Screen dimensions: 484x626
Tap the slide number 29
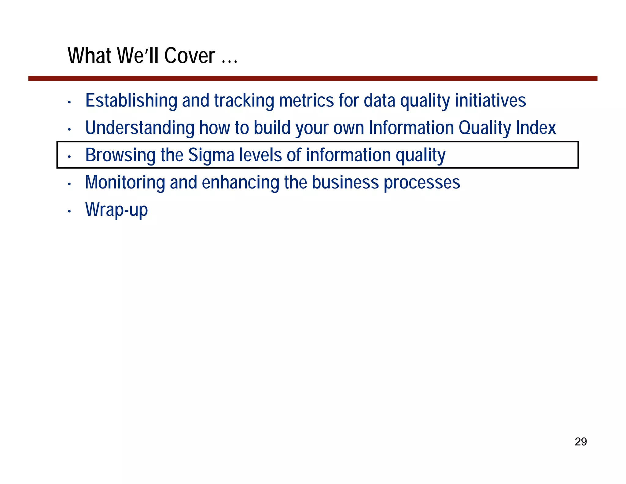click(580, 442)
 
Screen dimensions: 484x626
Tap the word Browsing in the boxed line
click(120, 155)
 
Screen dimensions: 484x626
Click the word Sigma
click(211, 155)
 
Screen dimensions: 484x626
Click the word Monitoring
click(125, 182)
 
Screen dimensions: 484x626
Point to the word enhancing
click(240, 182)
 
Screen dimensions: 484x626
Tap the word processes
click(422, 182)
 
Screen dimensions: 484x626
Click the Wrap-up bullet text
click(116, 210)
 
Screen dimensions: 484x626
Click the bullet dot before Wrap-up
click(69, 211)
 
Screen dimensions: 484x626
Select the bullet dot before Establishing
click(69, 102)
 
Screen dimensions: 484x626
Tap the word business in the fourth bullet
click(345, 182)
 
